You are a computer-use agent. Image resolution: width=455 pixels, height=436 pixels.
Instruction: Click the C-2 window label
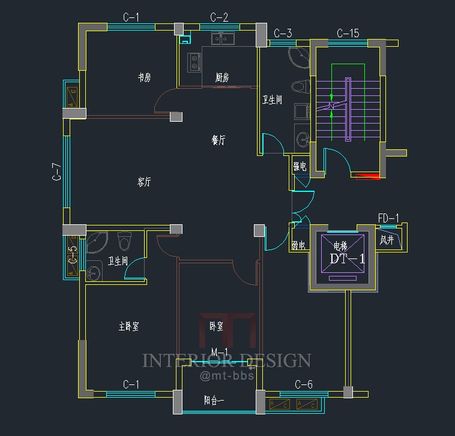[x=219, y=17]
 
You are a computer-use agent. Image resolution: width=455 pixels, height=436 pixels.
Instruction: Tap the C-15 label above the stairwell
[x=348, y=33]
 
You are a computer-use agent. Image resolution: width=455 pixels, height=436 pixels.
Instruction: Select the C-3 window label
[x=283, y=33]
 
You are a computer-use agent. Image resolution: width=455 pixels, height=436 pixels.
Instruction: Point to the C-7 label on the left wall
[x=57, y=172]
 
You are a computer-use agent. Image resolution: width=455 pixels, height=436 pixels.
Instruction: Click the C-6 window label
[x=304, y=384]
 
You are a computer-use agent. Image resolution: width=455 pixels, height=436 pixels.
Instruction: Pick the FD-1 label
[x=388, y=218]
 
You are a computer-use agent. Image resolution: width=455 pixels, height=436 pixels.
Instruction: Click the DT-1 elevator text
[x=348, y=259]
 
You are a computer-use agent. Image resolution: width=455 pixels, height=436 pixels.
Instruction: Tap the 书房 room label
[x=144, y=77]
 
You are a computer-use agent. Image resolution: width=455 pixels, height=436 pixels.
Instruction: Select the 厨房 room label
[x=222, y=77]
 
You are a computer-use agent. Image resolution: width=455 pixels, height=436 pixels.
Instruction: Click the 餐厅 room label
[x=218, y=140]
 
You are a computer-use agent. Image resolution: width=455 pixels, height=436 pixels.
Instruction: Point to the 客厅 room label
[x=144, y=182]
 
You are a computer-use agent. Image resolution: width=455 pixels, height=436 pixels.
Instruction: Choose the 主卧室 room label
[x=128, y=327]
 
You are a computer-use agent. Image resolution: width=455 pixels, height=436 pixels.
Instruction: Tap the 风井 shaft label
[x=387, y=240]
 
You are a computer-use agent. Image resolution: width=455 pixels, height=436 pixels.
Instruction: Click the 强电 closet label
[x=299, y=166]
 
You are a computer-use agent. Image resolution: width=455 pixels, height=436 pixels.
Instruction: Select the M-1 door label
[x=219, y=351]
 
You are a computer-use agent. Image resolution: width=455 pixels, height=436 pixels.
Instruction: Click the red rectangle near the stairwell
[x=367, y=176]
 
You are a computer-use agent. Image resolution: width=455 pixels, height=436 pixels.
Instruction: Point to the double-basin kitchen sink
[x=222, y=40]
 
